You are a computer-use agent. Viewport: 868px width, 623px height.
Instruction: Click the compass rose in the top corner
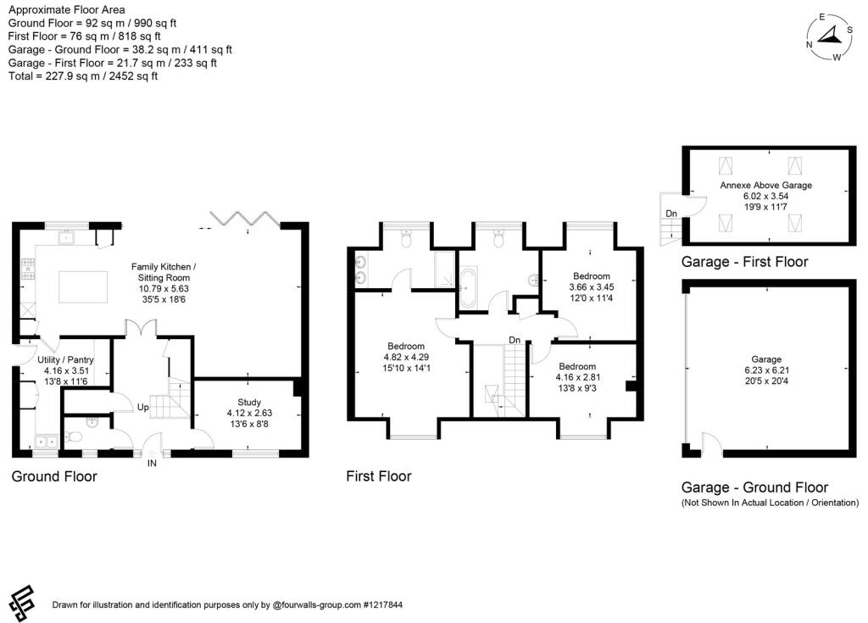[x=829, y=37]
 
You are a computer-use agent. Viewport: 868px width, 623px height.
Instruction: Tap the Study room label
[x=249, y=402]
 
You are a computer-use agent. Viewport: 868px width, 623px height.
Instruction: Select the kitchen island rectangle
[x=83, y=286]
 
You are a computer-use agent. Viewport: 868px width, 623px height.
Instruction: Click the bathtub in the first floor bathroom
[x=468, y=286]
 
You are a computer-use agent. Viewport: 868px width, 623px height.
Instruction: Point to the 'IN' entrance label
[x=152, y=463]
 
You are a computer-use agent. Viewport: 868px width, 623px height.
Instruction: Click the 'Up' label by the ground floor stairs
[x=142, y=407]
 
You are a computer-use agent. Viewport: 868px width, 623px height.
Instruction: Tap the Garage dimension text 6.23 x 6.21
[x=766, y=370]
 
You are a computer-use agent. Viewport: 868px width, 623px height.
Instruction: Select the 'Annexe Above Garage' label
[x=765, y=185]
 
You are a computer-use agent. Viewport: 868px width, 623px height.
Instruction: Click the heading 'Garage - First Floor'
[x=744, y=261]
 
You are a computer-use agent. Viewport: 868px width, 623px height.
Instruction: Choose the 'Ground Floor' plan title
[x=54, y=476]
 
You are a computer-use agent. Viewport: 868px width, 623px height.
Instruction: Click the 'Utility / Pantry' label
[x=65, y=359]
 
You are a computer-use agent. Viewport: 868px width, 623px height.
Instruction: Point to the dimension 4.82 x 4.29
[x=406, y=357]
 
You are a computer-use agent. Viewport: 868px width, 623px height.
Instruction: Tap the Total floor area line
[x=83, y=76]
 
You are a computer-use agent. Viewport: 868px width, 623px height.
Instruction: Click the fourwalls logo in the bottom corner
[x=22, y=603]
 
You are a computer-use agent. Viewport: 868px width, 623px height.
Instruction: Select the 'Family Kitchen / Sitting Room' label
[x=164, y=272]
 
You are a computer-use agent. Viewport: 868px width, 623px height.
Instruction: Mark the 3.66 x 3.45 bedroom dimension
[x=591, y=286]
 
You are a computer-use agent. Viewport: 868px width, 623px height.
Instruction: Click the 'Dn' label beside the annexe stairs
[x=671, y=214]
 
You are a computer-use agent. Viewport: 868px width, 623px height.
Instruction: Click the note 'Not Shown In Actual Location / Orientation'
[x=770, y=503]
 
